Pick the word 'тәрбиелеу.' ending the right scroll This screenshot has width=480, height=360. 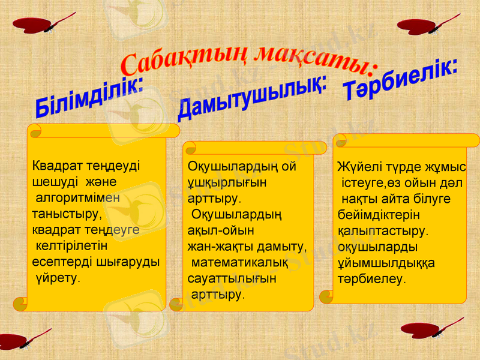pos(371,279)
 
